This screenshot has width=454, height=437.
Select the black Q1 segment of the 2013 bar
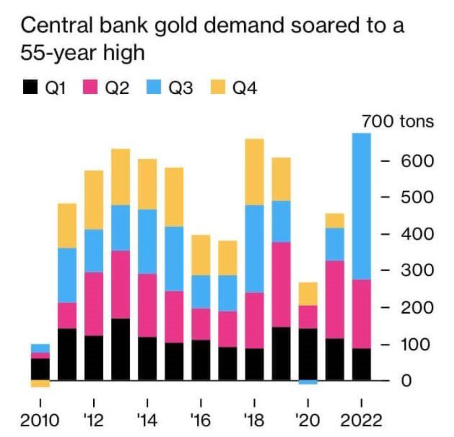click(x=121, y=349)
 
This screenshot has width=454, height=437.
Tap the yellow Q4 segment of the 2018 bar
click(x=254, y=172)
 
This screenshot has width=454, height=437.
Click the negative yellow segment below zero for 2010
click(x=40, y=384)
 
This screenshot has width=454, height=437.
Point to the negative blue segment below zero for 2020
click(x=308, y=382)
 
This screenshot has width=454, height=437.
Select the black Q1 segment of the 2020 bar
click(x=308, y=354)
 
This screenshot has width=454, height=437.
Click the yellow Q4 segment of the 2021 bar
click(x=335, y=221)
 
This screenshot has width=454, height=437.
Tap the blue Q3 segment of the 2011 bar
click(x=67, y=275)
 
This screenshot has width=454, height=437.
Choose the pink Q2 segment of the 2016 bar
click(x=201, y=324)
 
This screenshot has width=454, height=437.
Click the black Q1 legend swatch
click(x=30, y=86)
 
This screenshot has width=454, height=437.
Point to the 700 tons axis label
click(x=398, y=122)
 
